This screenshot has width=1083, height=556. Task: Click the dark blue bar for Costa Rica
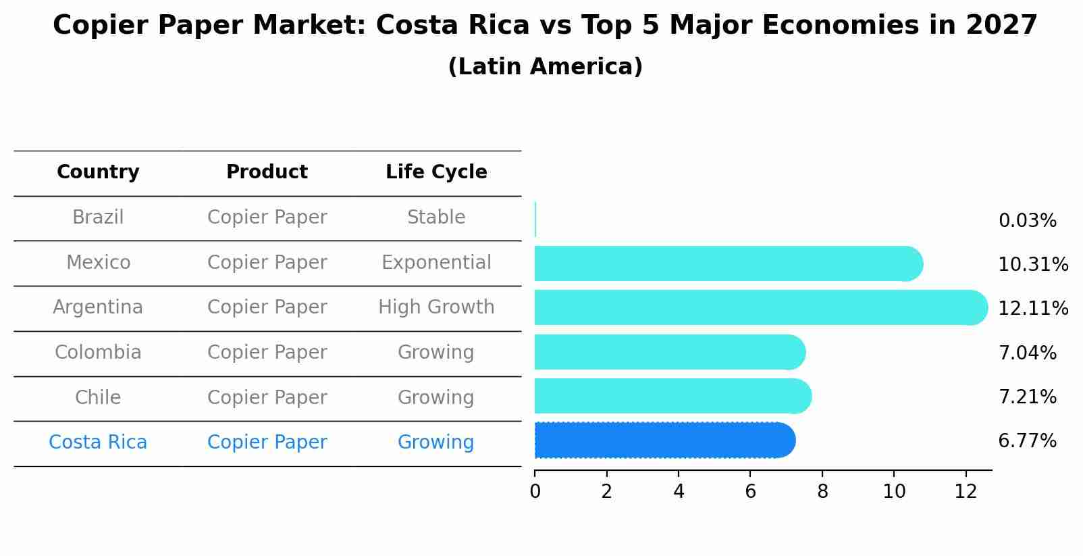pos(664,440)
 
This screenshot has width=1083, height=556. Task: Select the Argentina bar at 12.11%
pos(760,307)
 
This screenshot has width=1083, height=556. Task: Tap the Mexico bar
pos(728,263)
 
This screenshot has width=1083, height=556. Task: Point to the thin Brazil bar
pos(535,220)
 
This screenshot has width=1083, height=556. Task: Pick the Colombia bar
pos(669,352)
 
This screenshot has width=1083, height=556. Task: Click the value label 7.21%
pos(1027,397)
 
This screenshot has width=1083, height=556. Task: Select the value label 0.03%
pos(1027,221)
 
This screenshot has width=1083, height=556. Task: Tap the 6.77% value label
pos(1027,441)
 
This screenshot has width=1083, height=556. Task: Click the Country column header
pos(98,172)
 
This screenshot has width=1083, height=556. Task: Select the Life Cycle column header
pos(436,172)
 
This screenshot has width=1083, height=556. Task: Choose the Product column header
pos(267,172)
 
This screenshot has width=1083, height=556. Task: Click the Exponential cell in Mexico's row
pos(436,262)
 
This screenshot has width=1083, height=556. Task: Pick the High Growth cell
pos(436,307)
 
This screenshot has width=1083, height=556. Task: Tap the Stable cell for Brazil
pos(436,218)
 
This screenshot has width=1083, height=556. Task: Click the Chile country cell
pos(98,397)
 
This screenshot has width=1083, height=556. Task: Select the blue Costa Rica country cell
pos(98,443)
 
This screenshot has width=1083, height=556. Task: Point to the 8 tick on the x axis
pos(822,492)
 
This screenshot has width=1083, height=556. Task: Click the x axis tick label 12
pos(966,492)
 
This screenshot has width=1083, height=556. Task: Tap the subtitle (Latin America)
pos(545,67)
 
